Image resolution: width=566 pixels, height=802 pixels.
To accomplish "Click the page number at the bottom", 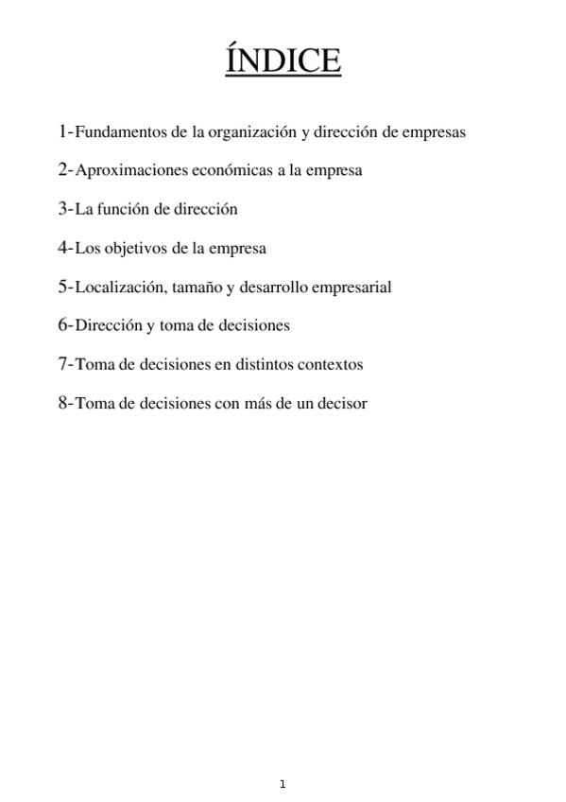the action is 283,784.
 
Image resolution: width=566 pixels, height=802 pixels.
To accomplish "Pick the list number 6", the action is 62,325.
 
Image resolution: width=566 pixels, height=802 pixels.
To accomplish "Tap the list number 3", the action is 62,209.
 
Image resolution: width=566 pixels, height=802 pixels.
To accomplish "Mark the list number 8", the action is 62,403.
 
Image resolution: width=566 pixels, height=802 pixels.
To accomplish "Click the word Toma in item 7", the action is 91,364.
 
